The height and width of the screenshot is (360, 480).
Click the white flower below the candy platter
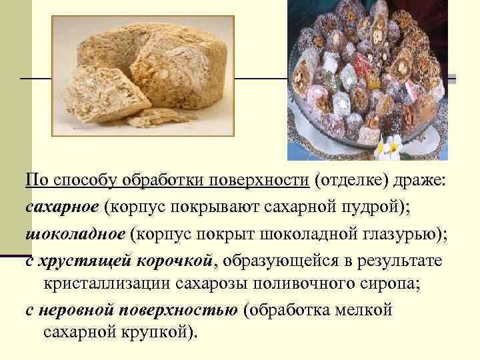389,146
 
